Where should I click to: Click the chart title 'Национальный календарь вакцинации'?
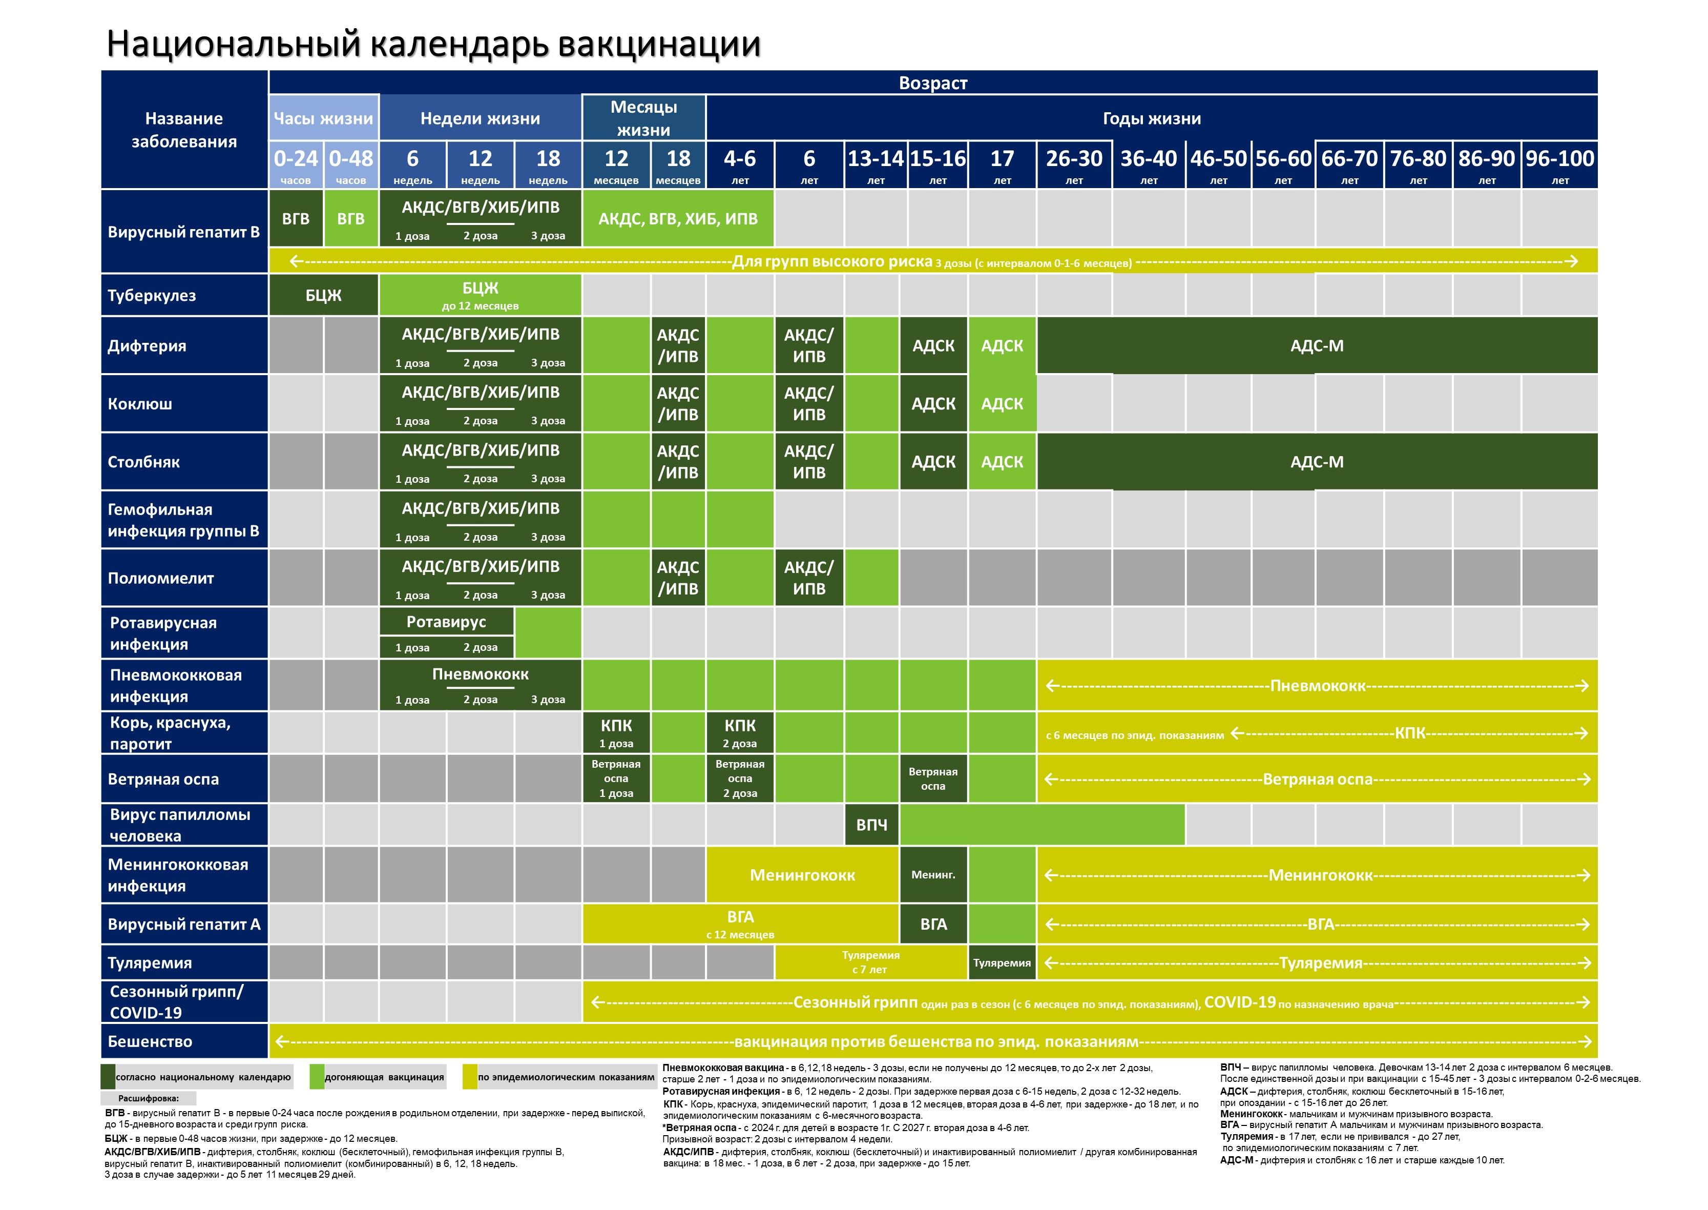(433, 43)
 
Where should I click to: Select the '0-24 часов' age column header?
(296, 165)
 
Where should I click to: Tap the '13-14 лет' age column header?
(875, 165)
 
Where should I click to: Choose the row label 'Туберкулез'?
(152, 295)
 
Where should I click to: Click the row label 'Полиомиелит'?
(161, 578)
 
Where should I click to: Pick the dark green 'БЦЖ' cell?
(323, 295)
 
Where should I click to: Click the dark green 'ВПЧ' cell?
(871, 825)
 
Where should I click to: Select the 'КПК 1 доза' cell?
(616, 732)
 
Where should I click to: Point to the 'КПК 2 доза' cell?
(740, 732)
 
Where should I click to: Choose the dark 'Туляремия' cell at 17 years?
(1002, 962)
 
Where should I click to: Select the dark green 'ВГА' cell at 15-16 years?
(933, 924)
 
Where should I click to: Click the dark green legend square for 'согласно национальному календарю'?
(108, 1077)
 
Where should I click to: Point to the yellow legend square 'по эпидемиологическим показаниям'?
(469, 1077)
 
